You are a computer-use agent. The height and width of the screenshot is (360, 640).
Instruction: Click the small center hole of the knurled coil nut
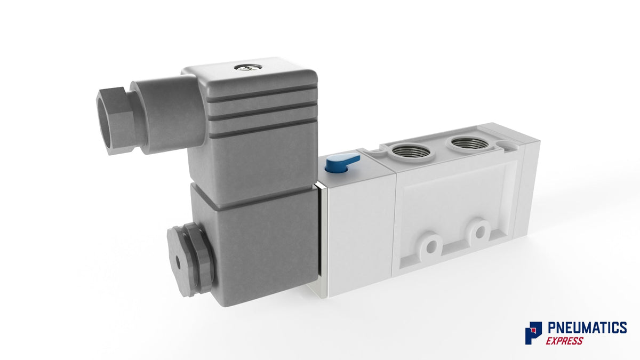pos(178,263)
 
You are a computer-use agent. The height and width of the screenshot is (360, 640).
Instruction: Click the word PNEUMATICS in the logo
pos(587,327)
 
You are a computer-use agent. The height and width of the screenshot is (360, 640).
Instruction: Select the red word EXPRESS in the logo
pos(564,341)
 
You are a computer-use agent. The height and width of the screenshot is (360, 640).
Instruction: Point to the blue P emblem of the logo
pos(533,333)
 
